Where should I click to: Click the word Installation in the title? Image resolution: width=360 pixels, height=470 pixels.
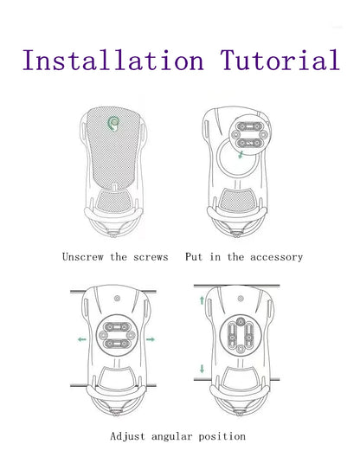tap(113, 60)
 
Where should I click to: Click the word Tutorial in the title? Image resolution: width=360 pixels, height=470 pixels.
tap(280, 60)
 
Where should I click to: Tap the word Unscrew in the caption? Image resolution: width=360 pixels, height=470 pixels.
tap(83, 257)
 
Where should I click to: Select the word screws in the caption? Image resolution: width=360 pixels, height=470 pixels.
tap(151, 257)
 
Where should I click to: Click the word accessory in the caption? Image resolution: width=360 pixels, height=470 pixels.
tap(276, 257)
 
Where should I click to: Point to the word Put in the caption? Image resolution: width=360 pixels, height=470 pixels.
tap(194, 256)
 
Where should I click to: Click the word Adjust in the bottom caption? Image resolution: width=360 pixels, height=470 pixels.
tap(127, 436)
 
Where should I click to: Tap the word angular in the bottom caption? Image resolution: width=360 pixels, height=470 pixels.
tap(171, 437)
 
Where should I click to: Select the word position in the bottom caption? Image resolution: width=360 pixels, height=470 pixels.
tap(222, 437)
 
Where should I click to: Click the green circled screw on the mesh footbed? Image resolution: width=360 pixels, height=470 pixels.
tap(113, 122)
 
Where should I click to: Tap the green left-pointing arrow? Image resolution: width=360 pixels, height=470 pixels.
tap(82, 339)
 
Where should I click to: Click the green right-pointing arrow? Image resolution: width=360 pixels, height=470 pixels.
tap(151, 339)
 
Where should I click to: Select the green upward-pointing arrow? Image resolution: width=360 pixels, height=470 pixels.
tap(202, 300)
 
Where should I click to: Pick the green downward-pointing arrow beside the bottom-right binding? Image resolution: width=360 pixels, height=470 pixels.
tap(202, 369)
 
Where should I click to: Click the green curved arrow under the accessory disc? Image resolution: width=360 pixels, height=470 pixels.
tap(241, 155)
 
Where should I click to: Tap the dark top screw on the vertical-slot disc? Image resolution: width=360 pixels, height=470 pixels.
tap(240, 322)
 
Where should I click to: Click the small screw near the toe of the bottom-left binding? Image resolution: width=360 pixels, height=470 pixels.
tap(117, 299)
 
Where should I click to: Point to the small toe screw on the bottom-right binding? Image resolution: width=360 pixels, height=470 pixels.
tap(240, 299)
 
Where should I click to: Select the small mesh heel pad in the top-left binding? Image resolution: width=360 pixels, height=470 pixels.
tap(114, 202)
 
